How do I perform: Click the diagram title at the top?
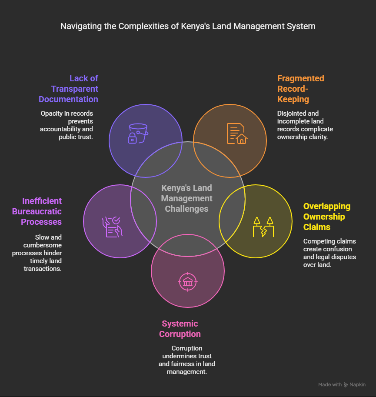pos(188,27)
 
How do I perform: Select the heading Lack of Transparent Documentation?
pos(69,89)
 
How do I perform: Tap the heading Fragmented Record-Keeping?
pos(301,89)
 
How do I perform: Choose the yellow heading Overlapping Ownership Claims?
pos(327,217)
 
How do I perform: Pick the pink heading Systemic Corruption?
pos(180,329)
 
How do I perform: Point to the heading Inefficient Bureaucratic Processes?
pos(42,211)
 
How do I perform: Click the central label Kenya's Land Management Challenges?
pos(187,198)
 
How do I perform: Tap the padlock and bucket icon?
pos(137,133)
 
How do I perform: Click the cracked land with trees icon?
pos(263,227)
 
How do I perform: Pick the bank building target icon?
pos(188,282)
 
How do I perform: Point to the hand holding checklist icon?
pos(112,227)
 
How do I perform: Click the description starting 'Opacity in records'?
pos(67,125)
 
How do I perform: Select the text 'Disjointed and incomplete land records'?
pos(305,125)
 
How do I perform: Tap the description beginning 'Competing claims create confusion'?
pos(329,253)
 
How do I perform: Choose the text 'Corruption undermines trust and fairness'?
pos(186,360)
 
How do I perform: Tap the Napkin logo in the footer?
pos(355,384)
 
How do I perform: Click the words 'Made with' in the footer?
pos(329,384)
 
